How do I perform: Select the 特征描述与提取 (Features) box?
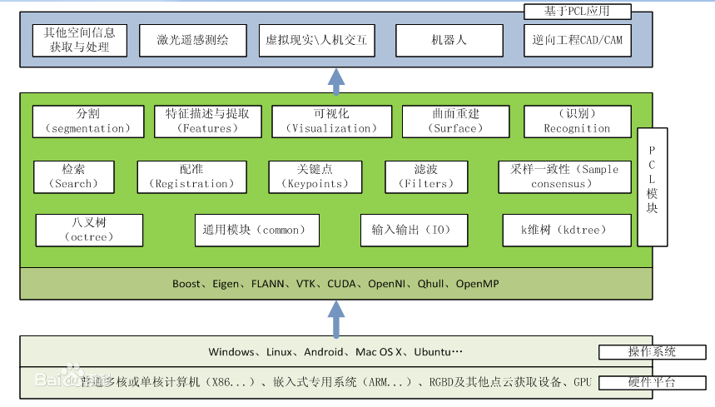click(x=207, y=122)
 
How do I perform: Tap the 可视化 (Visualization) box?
click(x=331, y=122)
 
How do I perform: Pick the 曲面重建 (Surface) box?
click(x=454, y=122)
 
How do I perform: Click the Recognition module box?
click(x=577, y=122)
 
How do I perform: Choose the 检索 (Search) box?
click(x=74, y=176)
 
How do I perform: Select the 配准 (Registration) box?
click(x=191, y=176)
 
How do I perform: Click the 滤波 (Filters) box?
click(x=425, y=176)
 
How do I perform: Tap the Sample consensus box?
click(x=564, y=176)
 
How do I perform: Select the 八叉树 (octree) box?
click(x=89, y=230)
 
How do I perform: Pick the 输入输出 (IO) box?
click(x=414, y=230)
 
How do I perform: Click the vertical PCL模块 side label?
click(x=653, y=186)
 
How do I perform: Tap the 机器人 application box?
click(x=449, y=40)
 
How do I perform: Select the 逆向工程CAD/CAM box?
click(x=577, y=40)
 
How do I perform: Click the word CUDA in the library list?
click(x=342, y=284)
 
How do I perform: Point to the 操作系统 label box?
click(x=652, y=352)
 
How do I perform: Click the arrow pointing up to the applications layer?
click(x=335, y=80)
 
